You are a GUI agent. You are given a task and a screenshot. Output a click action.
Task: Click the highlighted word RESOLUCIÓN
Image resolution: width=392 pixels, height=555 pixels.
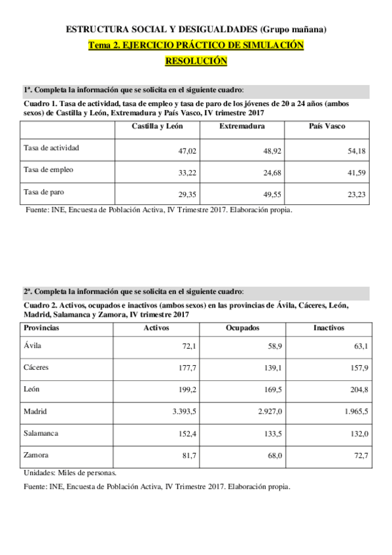pyautogui.click(x=196, y=61)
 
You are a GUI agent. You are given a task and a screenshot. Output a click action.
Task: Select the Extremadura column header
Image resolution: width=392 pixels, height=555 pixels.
pyautogui.click(x=241, y=126)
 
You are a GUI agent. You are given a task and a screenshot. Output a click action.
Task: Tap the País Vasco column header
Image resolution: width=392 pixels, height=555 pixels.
pyautogui.click(x=327, y=126)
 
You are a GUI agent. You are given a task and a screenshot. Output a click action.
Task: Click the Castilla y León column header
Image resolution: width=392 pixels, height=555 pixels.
pyautogui.click(x=157, y=126)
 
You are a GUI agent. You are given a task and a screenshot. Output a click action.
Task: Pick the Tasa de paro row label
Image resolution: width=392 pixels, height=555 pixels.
pyautogui.click(x=43, y=192)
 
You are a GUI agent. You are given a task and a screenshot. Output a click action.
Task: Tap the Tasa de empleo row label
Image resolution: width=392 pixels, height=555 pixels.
pyautogui.click(x=48, y=170)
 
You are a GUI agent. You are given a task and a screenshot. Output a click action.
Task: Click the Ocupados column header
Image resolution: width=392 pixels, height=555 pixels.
pyautogui.click(x=242, y=327)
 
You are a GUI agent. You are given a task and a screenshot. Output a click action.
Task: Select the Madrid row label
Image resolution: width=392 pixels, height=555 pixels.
pyautogui.click(x=35, y=412)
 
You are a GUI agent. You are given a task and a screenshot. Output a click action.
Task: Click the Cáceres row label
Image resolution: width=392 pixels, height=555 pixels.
pyautogui.click(x=37, y=367)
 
